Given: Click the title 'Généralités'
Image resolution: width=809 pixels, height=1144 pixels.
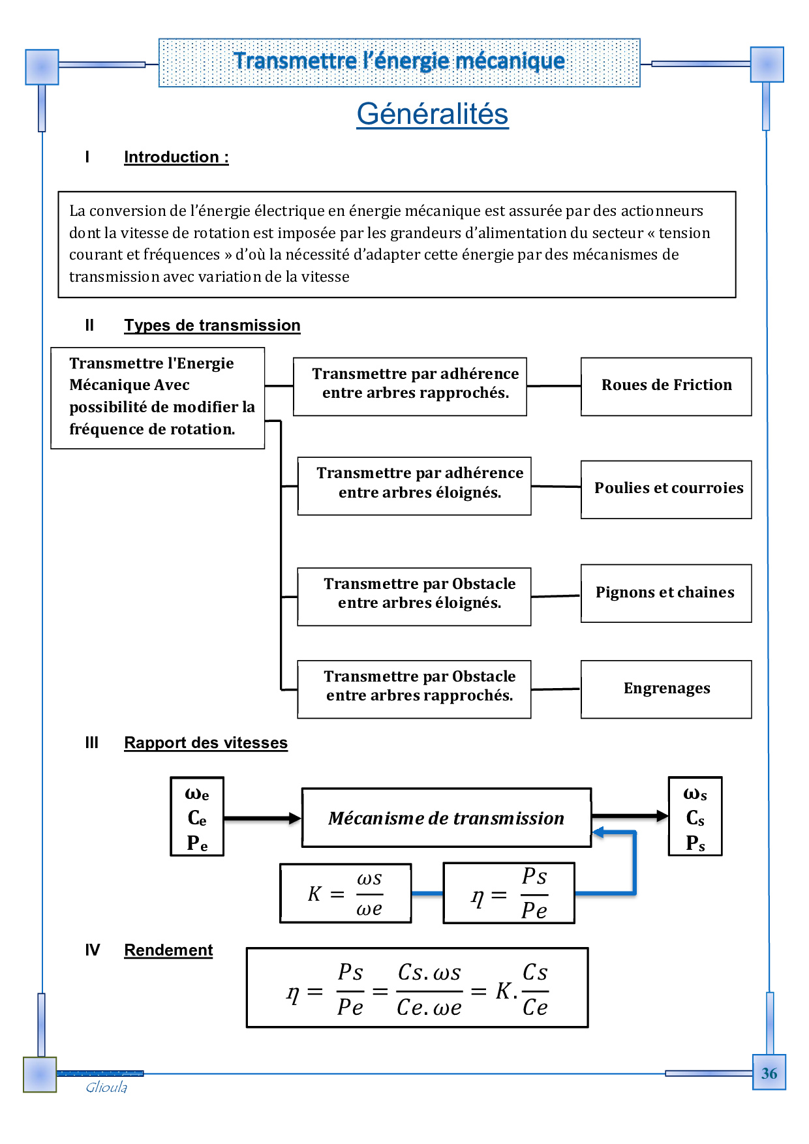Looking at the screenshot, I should click(432, 114).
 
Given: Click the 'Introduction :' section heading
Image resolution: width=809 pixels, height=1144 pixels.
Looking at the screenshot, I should click(176, 157).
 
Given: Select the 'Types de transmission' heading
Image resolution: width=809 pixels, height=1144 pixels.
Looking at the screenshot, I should click(212, 325).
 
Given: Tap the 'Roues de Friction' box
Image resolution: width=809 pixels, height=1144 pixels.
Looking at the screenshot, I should click(666, 385).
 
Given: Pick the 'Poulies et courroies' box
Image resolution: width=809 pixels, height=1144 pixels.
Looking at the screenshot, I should click(666, 489).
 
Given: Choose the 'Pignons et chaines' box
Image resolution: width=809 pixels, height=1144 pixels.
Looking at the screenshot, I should click(666, 593).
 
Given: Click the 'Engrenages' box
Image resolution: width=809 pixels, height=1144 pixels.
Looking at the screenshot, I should click(666, 689).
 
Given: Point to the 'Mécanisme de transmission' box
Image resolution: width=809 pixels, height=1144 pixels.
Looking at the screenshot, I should click(446, 818).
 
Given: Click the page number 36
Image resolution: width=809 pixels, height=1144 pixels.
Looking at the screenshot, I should click(769, 1074).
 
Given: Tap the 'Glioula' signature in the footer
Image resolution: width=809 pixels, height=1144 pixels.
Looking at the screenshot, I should click(106, 1087).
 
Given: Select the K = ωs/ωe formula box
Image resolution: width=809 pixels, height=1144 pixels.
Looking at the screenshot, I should click(346, 893).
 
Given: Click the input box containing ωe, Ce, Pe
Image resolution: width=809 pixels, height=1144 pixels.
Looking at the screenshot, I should click(197, 817).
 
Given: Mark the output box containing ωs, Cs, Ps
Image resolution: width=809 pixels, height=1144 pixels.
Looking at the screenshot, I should click(695, 817).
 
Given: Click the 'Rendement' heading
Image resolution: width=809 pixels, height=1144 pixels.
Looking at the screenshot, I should click(168, 950).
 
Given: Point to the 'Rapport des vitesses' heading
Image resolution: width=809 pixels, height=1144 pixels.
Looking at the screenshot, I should click(206, 743).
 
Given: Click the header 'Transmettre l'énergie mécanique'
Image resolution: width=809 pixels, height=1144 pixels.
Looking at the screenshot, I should click(399, 61).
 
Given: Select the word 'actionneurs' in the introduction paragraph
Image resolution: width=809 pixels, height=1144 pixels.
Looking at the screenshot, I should click(662, 211).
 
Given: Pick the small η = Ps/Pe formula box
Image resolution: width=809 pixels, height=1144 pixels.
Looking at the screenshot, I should click(509, 893).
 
